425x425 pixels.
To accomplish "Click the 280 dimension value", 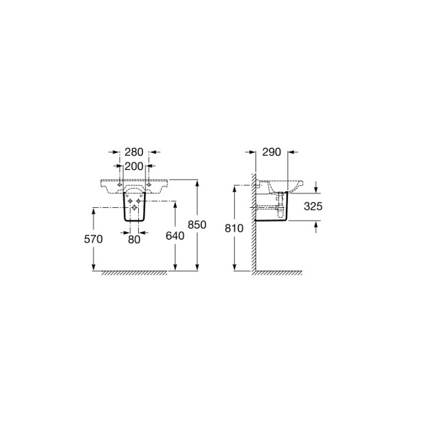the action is (134, 152).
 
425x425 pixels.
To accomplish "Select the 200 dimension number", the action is (134, 166).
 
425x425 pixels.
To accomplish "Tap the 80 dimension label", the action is (134, 239).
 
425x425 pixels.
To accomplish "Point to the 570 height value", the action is (93, 239).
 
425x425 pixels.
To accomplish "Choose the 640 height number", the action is (175, 236).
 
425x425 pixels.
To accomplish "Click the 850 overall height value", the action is (197, 225).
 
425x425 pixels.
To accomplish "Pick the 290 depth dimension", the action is (272, 152).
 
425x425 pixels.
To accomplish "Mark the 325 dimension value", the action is (313, 206).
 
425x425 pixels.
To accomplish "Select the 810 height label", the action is (234, 228).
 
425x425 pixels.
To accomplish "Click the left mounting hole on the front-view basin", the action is (119, 185).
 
